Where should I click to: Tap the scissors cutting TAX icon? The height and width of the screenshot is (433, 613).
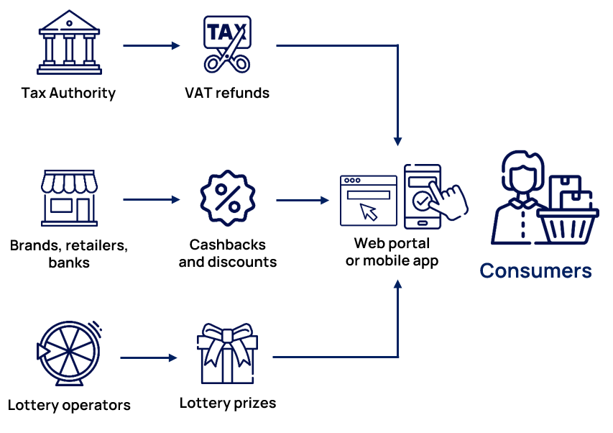226,44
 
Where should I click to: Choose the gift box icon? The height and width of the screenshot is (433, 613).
227,355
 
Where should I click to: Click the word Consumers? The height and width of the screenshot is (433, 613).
535,271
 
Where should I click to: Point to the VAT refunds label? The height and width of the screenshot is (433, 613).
227,93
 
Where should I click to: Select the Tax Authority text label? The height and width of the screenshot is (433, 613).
68,93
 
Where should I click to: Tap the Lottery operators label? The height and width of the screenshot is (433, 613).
69,405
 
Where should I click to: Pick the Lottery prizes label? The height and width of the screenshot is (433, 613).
228,403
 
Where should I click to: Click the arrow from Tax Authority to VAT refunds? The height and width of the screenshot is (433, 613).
151,45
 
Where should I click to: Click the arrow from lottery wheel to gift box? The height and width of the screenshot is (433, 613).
149,357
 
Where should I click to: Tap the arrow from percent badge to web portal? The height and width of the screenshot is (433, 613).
302,200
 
